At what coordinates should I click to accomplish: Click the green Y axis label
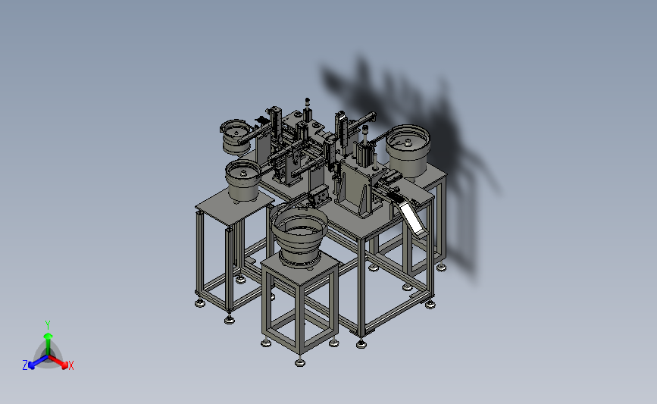(48, 325)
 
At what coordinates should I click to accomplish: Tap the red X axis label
(70, 365)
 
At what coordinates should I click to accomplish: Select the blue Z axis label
(25, 365)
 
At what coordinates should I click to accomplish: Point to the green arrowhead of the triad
(48, 336)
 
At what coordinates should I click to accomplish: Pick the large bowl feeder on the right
(408, 150)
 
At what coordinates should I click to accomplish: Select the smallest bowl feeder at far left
(236, 137)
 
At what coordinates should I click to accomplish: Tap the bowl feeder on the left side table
(243, 180)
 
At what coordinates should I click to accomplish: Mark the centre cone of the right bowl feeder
(408, 143)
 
